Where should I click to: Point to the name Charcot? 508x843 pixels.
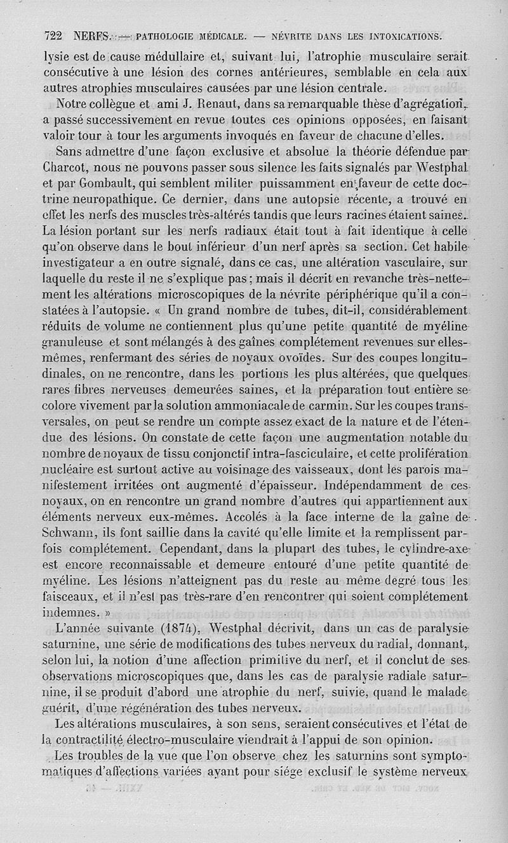pos(67,168)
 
